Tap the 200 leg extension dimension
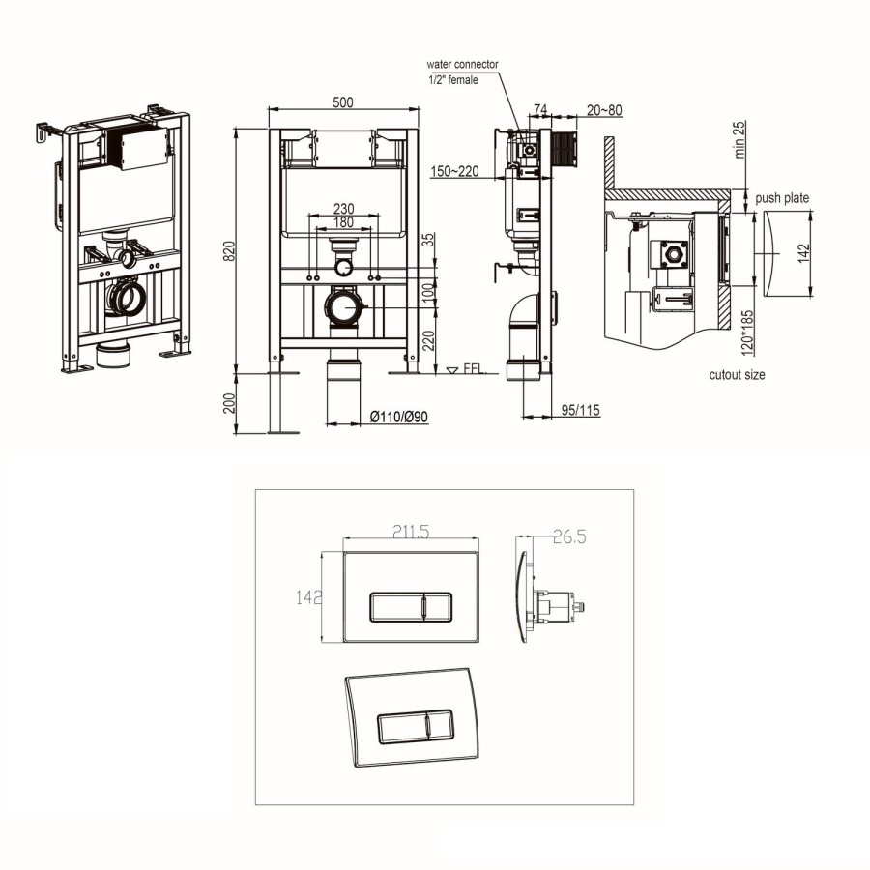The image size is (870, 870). pyautogui.click(x=229, y=403)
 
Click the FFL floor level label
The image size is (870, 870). pyautogui.click(x=473, y=369)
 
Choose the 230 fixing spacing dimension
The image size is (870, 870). pyautogui.click(x=343, y=207)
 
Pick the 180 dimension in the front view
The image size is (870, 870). pyautogui.click(x=343, y=222)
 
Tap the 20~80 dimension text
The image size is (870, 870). pyautogui.click(x=604, y=110)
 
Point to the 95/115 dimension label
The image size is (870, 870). pyautogui.click(x=580, y=410)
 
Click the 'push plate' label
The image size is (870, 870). pyautogui.click(x=783, y=198)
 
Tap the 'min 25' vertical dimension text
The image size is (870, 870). pyautogui.click(x=739, y=140)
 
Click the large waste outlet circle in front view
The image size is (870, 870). pyautogui.click(x=343, y=308)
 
